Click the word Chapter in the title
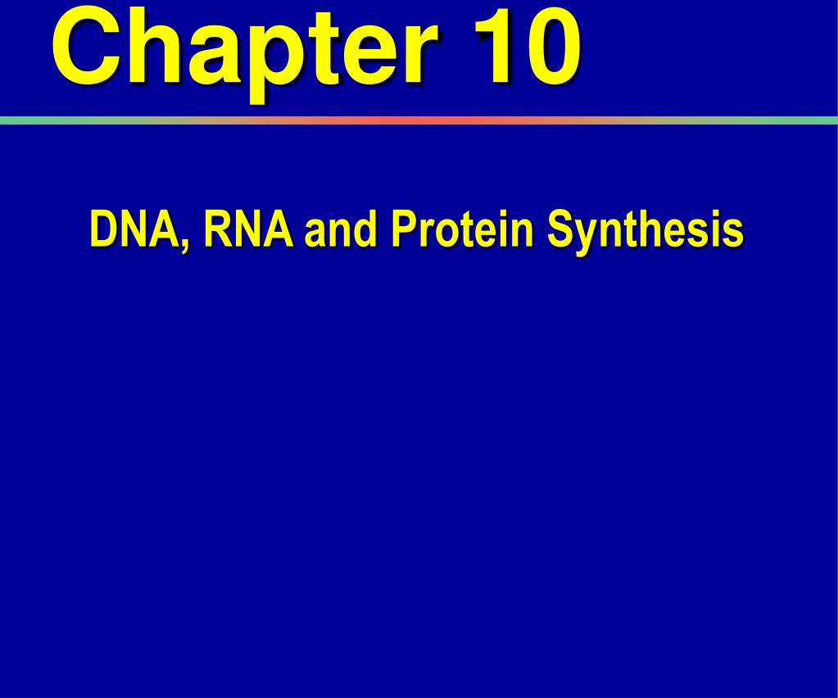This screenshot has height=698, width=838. pos(245,53)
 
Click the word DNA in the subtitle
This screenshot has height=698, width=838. pos(136,229)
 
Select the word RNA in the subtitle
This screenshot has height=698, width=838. pos(248,229)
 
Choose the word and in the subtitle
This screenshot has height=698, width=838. pos(341,229)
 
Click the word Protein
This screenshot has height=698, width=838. pos(463,229)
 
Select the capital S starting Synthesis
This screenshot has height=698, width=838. pos(562,229)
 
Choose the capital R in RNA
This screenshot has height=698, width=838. pos(218,229)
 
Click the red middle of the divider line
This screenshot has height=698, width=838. pos(419,120)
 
